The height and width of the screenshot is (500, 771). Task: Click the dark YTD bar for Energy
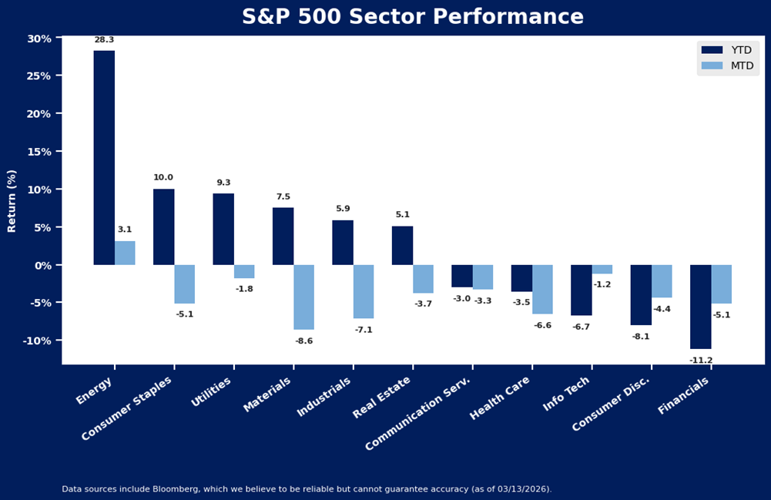coord(104,158)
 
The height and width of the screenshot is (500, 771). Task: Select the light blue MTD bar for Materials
coord(303,297)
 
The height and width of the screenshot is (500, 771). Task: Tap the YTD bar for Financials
coord(700,307)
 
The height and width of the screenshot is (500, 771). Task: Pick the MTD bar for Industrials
coord(364,291)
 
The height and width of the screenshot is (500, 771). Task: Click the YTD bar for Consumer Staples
coord(163,227)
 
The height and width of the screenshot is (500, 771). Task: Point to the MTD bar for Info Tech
coord(602,270)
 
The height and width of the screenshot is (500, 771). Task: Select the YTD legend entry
coord(727,50)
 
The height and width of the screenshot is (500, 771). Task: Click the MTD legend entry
coord(727,65)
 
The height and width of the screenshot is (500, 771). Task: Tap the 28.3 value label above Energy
coord(104,40)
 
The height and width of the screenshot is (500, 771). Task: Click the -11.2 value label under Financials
coord(701,360)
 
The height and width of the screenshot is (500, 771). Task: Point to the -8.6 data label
coord(304,341)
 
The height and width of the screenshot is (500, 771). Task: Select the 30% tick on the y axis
coord(39,39)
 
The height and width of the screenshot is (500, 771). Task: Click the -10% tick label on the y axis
coord(37,341)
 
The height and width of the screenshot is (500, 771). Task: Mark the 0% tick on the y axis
coord(42,265)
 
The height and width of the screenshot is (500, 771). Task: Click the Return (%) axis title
coord(12,201)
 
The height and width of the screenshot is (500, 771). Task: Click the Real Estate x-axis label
coord(382,398)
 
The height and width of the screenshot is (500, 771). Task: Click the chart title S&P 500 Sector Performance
coord(413,17)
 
